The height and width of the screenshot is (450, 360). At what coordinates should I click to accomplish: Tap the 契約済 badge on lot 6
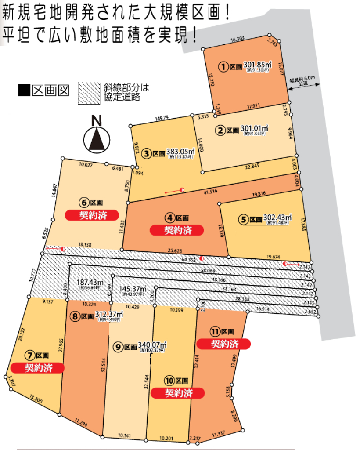tap(93, 215)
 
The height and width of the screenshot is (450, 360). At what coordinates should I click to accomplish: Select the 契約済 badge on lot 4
tap(177, 230)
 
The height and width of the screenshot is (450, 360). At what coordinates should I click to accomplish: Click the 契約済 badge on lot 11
tap(224, 343)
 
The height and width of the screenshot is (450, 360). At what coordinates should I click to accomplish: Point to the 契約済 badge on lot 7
tap(38, 367)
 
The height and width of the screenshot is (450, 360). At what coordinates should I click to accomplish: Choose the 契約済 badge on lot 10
tap(178, 392)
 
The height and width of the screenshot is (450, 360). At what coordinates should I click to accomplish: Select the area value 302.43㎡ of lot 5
tap(277, 218)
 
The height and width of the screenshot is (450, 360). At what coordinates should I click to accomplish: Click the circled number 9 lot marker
tap(117, 347)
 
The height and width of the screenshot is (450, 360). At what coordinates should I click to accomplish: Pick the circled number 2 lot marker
tap(220, 130)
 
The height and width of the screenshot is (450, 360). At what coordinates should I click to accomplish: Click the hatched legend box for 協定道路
tap(89, 93)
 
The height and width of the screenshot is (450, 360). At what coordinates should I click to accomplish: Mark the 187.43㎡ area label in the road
tap(90, 283)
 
